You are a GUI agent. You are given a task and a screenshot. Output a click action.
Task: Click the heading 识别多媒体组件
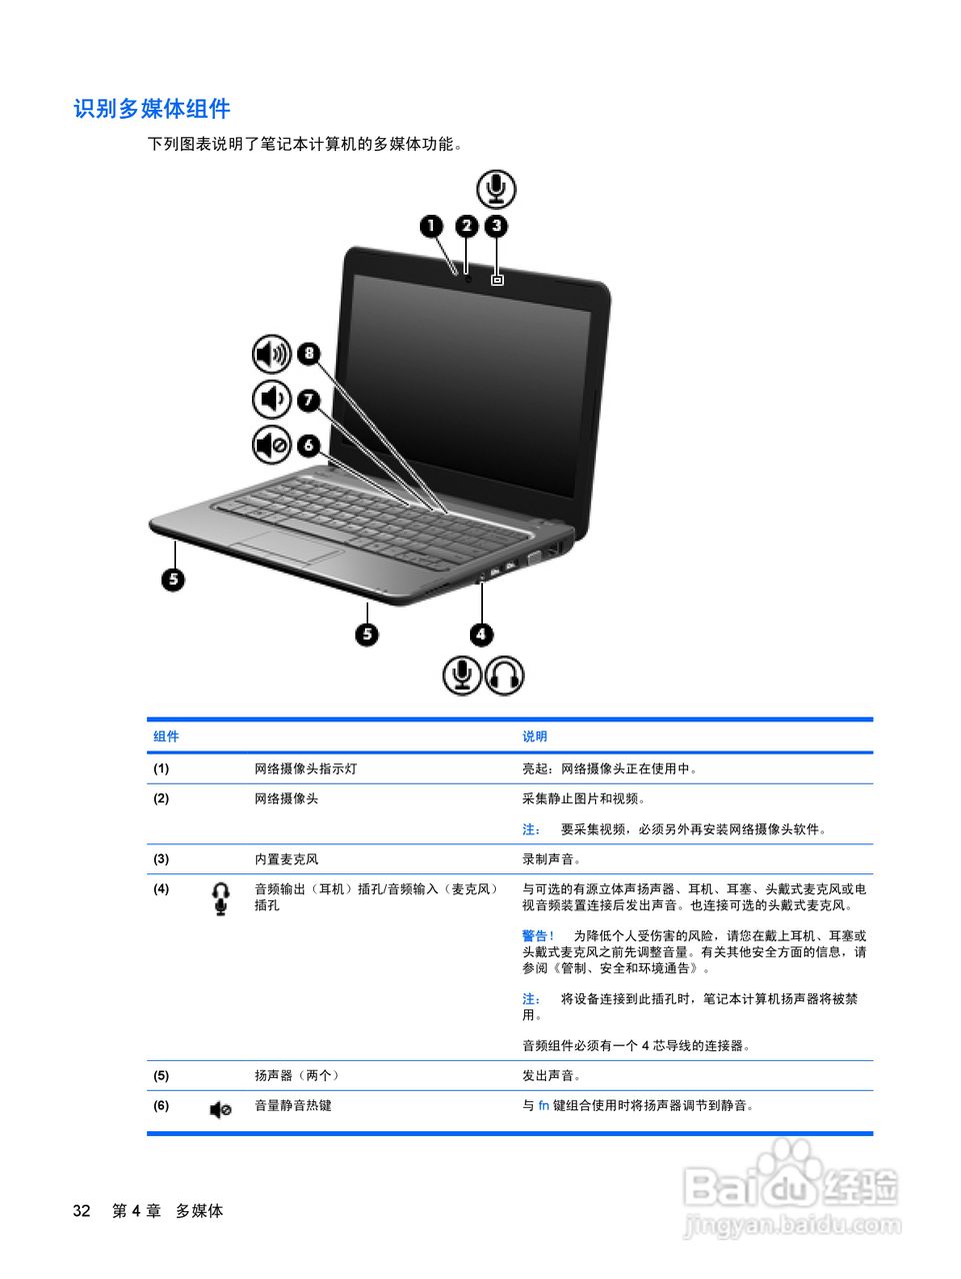pyautogui.click(x=152, y=109)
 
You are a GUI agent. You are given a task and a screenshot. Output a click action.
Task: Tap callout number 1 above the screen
pyautogui.click(x=432, y=226)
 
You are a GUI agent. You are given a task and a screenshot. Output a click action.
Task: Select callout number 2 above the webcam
pyautogui.click(x=466, y=226)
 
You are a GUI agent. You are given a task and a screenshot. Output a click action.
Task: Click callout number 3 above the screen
pyautogui.click(x=497, y=226)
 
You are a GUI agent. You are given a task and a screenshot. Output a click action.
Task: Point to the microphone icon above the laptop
pyautogui.click(x=496, y=189)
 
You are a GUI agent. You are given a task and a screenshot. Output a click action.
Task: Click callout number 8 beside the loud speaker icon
pyautogui.click(x=309, y=353)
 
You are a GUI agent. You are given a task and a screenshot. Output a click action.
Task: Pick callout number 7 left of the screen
pyautogui.click(x=309, y=400)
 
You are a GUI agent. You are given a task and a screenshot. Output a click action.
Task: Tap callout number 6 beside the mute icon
pyautogui.click(x=309, y=445)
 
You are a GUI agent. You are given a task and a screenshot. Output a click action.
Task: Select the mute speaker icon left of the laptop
pyautogui.click(x=271, y=445)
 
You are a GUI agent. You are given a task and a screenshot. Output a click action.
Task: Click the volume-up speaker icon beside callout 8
pyautogui.click(x=271, y=354)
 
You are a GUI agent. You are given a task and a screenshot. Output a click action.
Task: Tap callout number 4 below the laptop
pyautogui.click(x=482, y=634)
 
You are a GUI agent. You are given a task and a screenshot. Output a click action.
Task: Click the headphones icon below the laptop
pyautogui.click(x=505, y=675)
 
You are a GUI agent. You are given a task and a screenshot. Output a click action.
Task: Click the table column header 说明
pyautogui.click(x=534, y=736)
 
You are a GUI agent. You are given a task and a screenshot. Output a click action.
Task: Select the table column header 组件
pyautogui.click(x=166, y=736)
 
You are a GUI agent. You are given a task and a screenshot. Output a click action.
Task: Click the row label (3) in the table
pyautogui.click(x=161, y=859)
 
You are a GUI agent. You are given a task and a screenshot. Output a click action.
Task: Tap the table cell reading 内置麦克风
pyautogui.click(x=286, y=859)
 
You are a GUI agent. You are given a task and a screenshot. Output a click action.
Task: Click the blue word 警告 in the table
pyautogui.click(x=536, y=936)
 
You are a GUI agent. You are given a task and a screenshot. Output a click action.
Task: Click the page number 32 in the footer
pyautogui.click(x=82, y=1211)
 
